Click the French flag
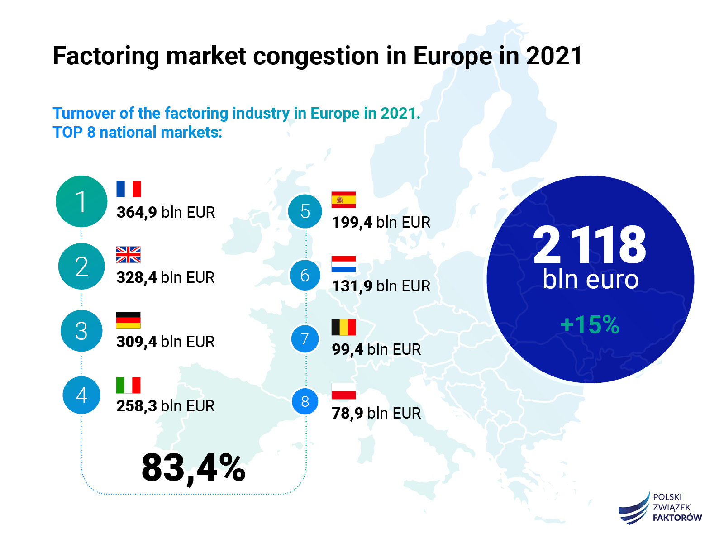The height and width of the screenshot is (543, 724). coord(129,189)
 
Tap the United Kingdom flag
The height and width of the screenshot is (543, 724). coord(128,254)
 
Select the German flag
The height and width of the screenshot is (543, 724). coord(128,320)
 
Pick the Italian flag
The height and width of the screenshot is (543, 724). coord(128,385)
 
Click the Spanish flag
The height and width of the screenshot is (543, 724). coord(343,200)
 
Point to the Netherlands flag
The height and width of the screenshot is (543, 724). coord(343,264)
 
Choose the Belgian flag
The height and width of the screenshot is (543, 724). coord(343,327)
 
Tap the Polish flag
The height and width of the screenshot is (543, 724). coord(343,391)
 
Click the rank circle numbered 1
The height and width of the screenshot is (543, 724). coord(81,201)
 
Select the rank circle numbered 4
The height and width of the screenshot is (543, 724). coord(81,395)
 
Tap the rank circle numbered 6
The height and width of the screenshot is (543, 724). coord(305,275)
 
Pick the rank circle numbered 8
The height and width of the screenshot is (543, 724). coord(305,401)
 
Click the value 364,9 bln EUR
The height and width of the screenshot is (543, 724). coord(166,212)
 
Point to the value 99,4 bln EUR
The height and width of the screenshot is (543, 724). coord(376,349)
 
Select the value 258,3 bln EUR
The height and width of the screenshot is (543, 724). coord(165,406)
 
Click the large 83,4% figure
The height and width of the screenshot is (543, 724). coord(193,468)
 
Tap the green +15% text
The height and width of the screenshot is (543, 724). coord(590,324)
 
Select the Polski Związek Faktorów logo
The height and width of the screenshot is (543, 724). coord(660,508)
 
